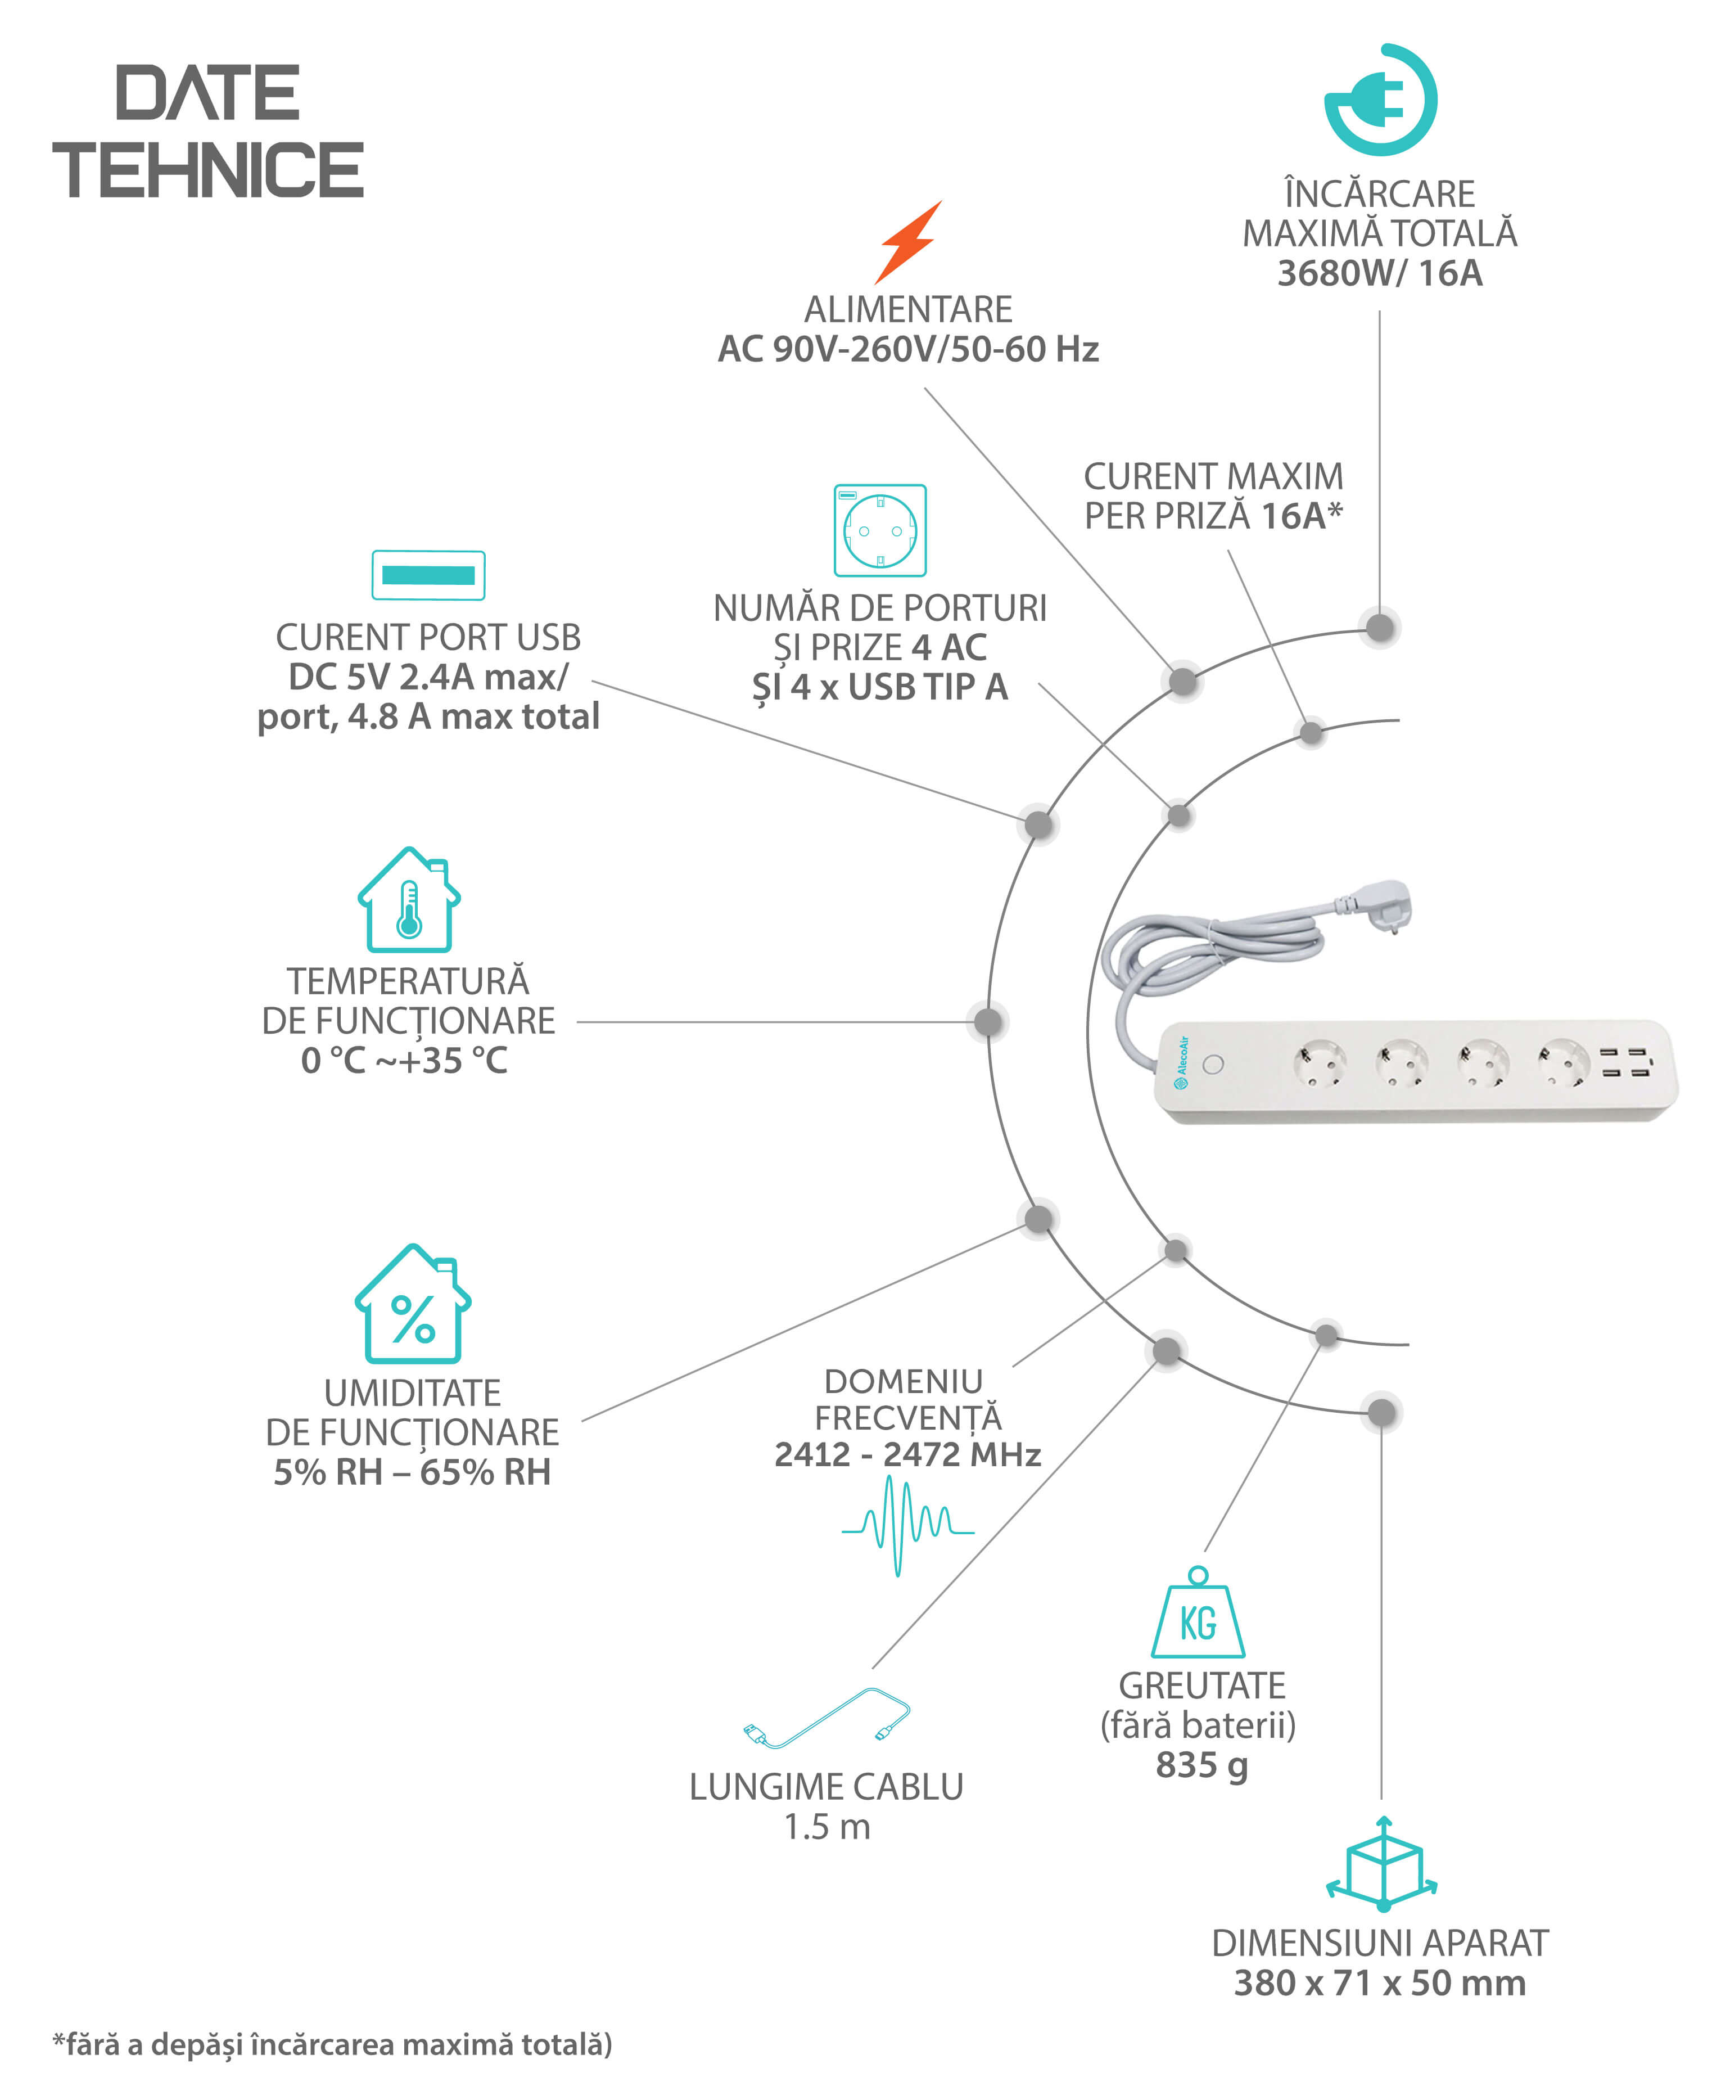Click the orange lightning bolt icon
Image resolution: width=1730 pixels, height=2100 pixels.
point(908,242)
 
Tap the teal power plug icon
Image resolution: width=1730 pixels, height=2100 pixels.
point(1381,100)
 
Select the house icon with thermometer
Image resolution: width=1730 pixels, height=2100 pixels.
point(409,899)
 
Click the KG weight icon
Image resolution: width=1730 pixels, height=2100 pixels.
point(1198,1612)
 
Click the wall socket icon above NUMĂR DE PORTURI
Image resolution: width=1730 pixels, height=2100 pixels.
point(880,530)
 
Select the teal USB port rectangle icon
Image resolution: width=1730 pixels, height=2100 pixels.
point(428,575)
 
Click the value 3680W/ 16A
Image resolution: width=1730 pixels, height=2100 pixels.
point(1380,273)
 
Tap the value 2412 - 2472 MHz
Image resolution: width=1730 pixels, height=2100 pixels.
point(908,1454)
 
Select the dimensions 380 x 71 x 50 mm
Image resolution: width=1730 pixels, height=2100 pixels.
point(1380,1984)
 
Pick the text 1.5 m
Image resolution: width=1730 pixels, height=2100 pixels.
point(827,1827)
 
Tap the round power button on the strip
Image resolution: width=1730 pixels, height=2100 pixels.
point(1213,1063)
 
